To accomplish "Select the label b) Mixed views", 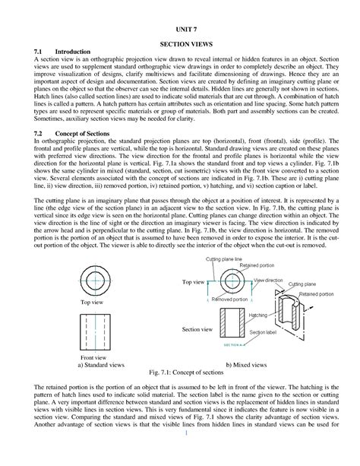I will tap(256, 364).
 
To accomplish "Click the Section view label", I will tap(195, 329).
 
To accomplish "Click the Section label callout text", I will tap(262, 333).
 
